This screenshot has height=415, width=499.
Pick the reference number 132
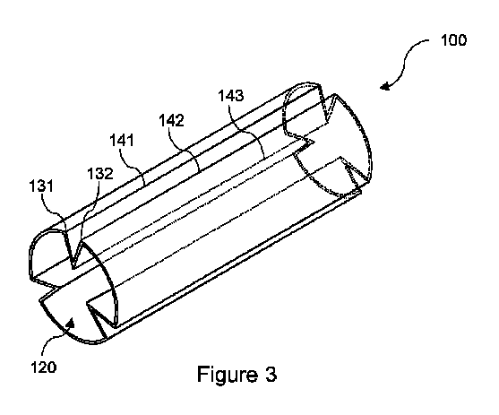[99, 174]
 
